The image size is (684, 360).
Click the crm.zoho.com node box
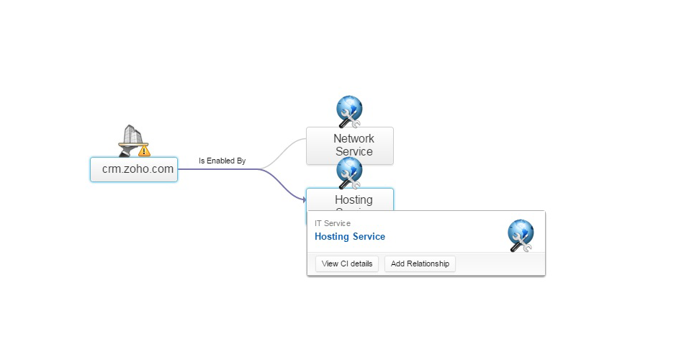coord(134,169)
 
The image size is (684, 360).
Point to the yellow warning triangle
coord(144,150)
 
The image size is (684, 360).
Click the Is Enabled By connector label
coord(222,161)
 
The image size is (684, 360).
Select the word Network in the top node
coord(354,138)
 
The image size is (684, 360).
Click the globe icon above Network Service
coord(350,111)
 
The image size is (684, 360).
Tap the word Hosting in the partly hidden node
coord(354,199)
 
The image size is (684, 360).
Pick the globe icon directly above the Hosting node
coord(350,172)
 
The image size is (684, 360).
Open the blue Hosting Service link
coord(350,236)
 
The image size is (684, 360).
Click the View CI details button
coord(347,264)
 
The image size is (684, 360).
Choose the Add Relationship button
coord(420,264)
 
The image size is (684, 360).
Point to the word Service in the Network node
coord(354,151)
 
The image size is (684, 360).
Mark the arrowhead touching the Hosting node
coord(304,199)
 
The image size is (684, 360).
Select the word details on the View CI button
coord(361,264)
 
